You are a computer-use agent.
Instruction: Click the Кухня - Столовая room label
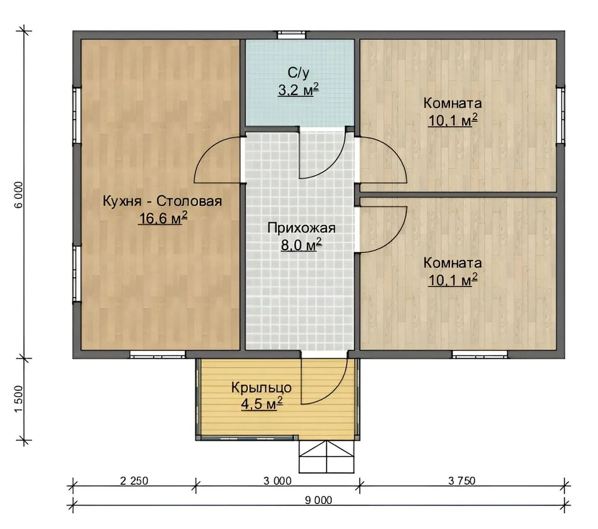(x=162, y=202)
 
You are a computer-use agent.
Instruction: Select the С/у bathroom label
(x=298, y=73)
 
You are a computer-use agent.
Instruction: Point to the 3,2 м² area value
(x=298, y=90)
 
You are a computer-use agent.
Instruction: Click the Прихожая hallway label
(x=301, y=228)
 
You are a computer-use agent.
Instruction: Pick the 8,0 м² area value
(x=301, y=244)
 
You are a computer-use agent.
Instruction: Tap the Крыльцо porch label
(x=261, y=388)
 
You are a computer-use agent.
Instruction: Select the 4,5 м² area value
(x=262, y=404)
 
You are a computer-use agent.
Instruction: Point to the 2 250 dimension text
(x=134, y=481)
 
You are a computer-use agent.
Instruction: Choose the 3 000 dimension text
(x=277, y=481)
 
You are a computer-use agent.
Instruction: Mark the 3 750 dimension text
(x=462, y=481)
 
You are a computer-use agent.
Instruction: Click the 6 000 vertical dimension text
(x=18, y=195)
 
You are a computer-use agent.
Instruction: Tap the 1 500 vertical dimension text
(x=18, y=399)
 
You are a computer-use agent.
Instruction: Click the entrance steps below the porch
(x=326, y=457)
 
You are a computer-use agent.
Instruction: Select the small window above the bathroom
(x=292, y=35)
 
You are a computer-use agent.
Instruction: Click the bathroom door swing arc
(x=332, y=165)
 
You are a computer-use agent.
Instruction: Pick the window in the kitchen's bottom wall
(x=157, y=354)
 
